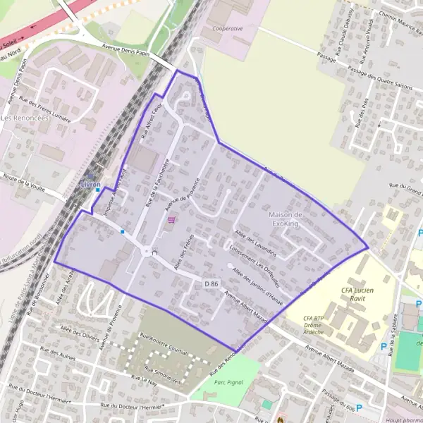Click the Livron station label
click(x=91, y=184)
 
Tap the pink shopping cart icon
click(x=171, y=219)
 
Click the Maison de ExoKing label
click(x=285, y=218)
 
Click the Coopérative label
click(x=227, y=29)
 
